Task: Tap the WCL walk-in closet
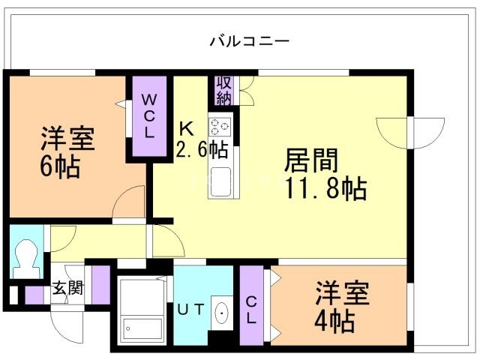click(149, 115)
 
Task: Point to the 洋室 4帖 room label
click(339, 307)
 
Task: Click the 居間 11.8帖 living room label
click(324, 173)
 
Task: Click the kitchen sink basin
click(222, 181)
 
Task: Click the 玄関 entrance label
click(67, 287)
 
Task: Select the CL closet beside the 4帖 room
click(251, 308)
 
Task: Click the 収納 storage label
click(223, 90)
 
